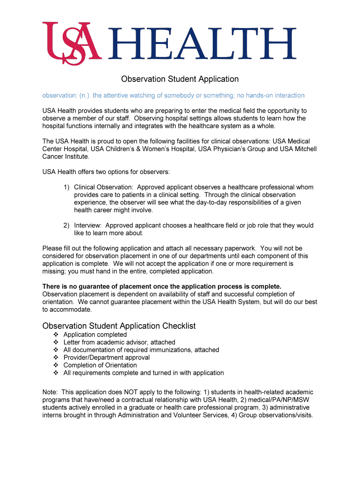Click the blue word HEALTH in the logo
202,44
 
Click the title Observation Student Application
180,79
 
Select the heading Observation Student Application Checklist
119,326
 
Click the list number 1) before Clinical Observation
67,187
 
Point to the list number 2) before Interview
67,225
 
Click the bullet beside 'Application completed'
55,335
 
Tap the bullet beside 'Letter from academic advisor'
55,342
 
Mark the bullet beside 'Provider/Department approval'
55,358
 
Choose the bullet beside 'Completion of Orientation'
55,365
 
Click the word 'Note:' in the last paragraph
50,392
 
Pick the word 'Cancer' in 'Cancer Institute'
53,156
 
